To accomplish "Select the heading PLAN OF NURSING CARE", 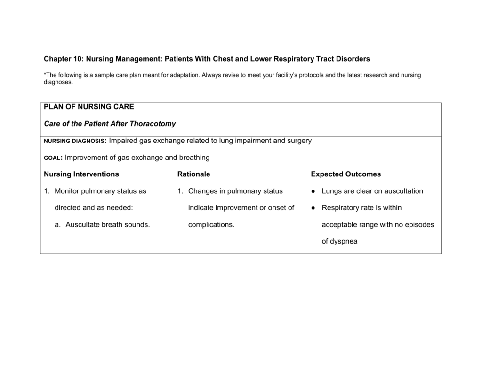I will [89, 107].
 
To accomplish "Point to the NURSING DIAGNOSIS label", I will [76, 141].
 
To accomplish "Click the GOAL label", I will [53, 158].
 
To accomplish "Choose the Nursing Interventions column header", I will [81, 174].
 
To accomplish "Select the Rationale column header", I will [193, 174].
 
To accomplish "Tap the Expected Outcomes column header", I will [346, 174].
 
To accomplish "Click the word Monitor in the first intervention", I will [68, 191].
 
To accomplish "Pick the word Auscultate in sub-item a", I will [83, 225].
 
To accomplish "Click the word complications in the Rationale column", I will [211, 225].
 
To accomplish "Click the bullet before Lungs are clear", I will [313, 191].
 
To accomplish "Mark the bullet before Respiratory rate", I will [313, 208].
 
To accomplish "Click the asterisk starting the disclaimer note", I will [45, 74].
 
